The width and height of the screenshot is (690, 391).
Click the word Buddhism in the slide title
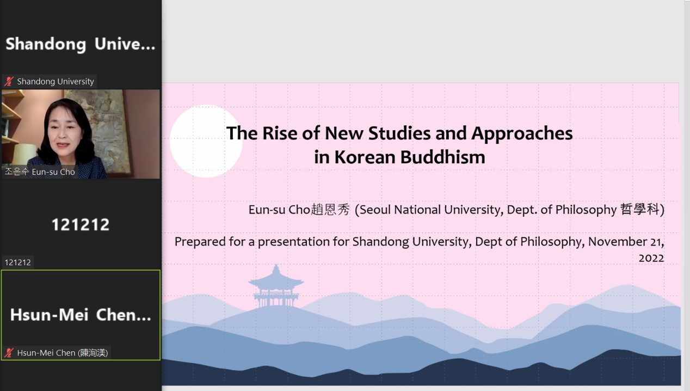point(442,157)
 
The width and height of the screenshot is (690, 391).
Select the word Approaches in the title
point(522,134)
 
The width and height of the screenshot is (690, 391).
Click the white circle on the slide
point(206,141)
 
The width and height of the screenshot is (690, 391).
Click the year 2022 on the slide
point(651,258)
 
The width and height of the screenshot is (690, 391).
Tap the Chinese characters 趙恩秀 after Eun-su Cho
point(330,210)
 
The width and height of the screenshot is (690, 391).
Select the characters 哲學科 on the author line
point(639,209)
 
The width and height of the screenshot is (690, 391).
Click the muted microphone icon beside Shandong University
point(9,81)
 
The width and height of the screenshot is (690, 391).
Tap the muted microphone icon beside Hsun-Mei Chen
point(9,353)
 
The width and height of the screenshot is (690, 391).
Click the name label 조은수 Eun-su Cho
point(40,172)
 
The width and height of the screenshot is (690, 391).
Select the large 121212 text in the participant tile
point(81,224)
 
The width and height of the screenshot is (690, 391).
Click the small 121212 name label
point(17,262)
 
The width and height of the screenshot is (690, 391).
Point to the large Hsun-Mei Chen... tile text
point(81,315)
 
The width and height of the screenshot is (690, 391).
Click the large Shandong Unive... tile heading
point(81,44)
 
